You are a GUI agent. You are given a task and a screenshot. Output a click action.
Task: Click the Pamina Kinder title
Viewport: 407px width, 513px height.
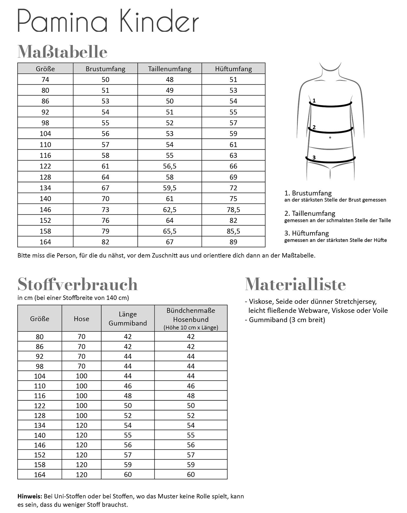(108, 21)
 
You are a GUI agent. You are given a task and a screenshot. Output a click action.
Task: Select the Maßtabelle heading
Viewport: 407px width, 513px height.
(62, 52)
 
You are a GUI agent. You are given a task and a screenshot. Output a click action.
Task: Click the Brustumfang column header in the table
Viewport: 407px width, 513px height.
(105, 69)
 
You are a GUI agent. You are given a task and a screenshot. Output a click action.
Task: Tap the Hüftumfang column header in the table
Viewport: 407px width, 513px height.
(233, 69)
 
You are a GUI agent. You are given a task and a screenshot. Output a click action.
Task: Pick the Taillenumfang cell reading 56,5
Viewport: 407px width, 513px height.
(170, 166)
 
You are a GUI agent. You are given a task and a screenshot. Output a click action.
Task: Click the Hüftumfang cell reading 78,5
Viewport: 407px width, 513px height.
(233, 210)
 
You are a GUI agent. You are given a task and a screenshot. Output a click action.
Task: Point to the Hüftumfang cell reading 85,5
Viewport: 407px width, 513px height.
(233, 231)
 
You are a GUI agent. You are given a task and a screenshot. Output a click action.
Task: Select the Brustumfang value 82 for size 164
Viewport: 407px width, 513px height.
(105, 242)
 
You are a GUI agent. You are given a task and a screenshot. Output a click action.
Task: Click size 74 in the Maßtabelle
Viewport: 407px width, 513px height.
(45, 80)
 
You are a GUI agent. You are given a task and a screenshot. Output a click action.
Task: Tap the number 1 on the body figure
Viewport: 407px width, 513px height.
(314, 101)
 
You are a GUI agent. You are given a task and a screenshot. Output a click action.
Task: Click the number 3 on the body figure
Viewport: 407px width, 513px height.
(314, 158)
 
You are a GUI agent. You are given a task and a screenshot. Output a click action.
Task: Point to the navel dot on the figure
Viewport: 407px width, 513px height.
(330, 138)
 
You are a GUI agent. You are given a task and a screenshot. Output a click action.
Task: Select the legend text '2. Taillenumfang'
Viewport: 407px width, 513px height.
(310, 213)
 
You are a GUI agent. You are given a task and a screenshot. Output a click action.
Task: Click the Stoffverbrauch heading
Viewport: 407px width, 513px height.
(77, 284)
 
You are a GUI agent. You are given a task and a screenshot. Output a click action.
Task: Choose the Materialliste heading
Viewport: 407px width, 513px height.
(295, 284)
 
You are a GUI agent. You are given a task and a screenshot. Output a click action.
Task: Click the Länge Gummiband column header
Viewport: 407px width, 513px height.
(128, 319)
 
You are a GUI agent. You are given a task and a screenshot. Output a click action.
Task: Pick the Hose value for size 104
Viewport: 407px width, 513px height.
(81, 376)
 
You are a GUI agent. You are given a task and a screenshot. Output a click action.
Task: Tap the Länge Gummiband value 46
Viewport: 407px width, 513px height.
(128, 386)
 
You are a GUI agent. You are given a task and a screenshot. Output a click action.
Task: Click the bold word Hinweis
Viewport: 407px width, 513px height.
(30, 497)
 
